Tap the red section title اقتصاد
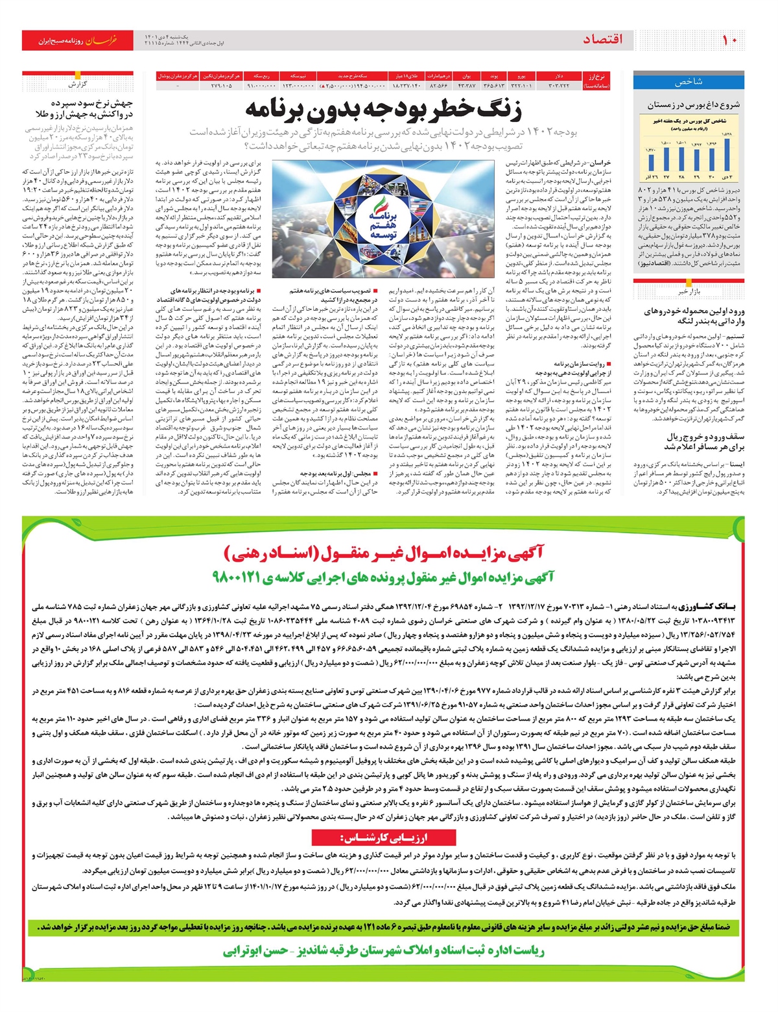(602, 40)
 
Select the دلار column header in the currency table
(558, 76)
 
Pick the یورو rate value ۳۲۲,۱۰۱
(522, 85)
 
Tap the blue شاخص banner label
(689, 82)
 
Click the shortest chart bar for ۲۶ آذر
(651, 162)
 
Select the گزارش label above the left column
(78, 84)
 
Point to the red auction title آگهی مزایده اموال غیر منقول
(383, 553)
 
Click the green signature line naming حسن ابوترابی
(383, 951)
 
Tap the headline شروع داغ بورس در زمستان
(693, 104)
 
